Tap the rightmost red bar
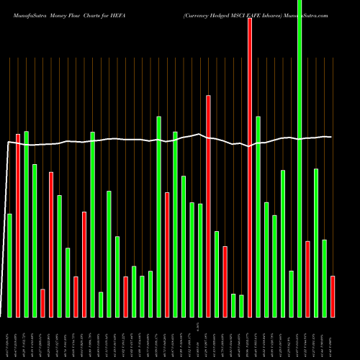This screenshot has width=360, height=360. coord(333,296)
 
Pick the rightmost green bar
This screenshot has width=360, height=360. coord(325,278)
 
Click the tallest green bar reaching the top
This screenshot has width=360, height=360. coord(300,158)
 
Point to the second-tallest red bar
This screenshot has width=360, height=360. coord(208,206)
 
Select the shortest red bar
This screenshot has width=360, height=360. coord(42,302)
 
